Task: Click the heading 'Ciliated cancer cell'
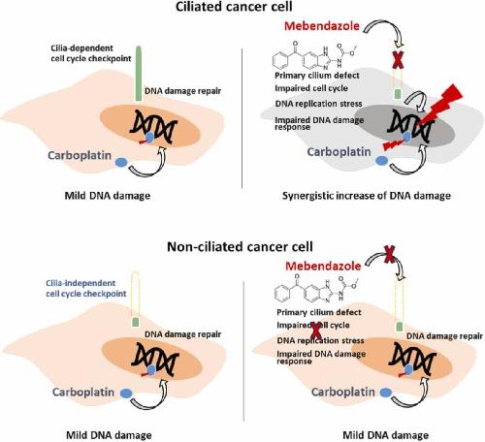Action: [234, 7]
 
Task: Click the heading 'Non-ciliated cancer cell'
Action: [240, 247]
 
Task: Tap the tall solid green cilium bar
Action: [139, 74]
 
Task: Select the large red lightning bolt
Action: [440, 104]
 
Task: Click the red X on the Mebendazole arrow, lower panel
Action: [390, 254]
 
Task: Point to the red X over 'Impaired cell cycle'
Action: [315, 331]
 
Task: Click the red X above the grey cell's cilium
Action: [398, 60]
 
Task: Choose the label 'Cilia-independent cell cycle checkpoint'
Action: [86, 288]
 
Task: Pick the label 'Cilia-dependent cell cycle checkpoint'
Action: [91, 53]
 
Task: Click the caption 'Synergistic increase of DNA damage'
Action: [367, 196]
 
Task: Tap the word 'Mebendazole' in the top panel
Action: [322, 26]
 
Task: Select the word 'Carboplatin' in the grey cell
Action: [339, 152]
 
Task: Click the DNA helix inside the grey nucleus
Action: [411, 126]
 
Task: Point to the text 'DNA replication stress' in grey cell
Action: [318, 104]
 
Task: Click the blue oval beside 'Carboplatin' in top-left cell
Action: [121, 162]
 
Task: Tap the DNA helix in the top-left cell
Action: [153, 126]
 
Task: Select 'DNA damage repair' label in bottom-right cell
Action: [444, 336]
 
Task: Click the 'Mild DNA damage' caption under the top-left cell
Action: [108, 196]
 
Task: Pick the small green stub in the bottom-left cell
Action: [136, 322]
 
